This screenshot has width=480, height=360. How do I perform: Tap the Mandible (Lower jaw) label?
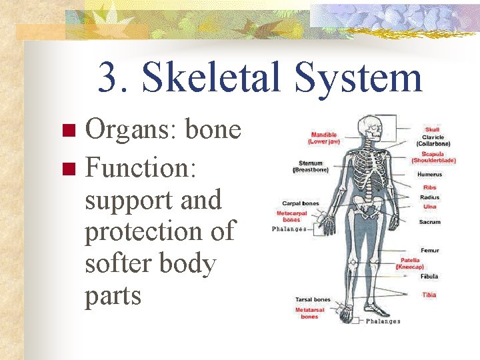click(324, 139)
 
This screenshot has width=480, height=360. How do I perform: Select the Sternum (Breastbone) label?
click(311, 166)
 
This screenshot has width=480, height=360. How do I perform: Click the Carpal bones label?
click(301, 203)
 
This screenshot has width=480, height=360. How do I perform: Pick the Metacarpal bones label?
click(291, 216)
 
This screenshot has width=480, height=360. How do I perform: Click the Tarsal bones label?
click(313, 299)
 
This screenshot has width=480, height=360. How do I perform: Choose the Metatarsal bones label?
click(309, 313)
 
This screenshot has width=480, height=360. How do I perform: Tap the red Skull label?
click(432, 129)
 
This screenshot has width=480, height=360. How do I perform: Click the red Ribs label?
click(429, 188)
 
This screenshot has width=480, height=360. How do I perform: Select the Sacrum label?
click(429, 222)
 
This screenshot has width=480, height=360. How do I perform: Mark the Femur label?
click(429, 251)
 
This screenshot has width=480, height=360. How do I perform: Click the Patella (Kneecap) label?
click(410, 263)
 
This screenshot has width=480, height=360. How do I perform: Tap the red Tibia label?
click(429, 294)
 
